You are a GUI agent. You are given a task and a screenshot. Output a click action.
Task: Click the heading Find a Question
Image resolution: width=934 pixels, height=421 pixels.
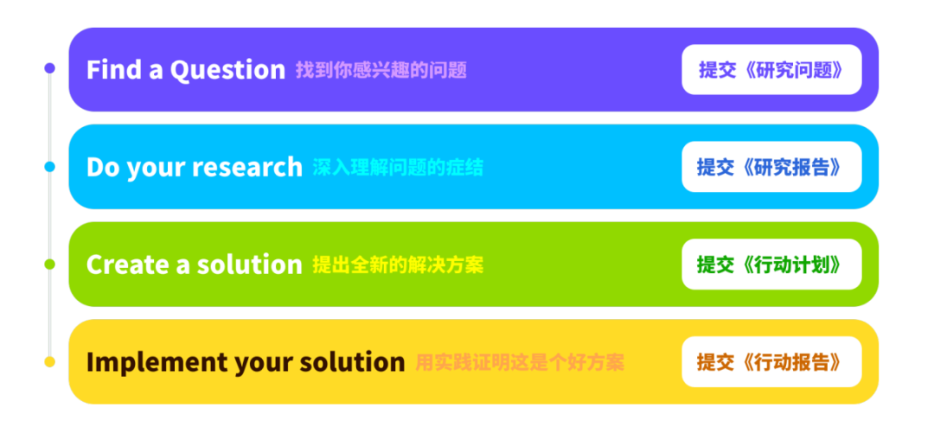pyautogui.click(x=185, y=70)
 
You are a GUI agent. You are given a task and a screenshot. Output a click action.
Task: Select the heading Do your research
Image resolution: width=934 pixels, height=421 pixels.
pyautogui.click(x=194, y=167)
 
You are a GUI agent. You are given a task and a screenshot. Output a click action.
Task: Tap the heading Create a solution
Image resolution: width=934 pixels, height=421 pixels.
pyautogui.click(x=194, y=265)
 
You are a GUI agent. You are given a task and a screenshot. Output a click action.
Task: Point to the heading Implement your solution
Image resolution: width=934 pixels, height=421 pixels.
pyautogui.click(x=245, y=361)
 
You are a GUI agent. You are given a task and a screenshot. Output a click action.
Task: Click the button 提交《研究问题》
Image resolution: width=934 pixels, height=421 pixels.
pyautogui.click(x=771, y=70)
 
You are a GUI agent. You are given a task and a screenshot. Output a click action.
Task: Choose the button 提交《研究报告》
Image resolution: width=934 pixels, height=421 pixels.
pyautogui.click(x=771, y=167)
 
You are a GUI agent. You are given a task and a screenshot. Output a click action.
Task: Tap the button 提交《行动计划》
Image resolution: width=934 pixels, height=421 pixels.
pyautogui.click(x=771, y=265)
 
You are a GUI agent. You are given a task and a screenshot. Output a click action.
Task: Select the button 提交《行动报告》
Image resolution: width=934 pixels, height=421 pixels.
pyautogui.click(x=771, y=361)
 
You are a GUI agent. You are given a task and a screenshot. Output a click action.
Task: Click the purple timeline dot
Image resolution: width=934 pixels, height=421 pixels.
pyautogui.click(x=49, y=68)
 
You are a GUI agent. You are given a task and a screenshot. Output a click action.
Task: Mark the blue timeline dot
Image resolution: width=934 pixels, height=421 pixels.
pyautogui.click(x=49, y=166)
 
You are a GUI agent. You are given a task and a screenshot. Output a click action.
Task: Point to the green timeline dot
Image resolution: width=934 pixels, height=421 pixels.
pyautogui.click(x=49, y=264)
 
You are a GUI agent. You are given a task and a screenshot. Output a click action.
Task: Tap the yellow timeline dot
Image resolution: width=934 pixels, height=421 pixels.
pyautogui.click(x=49, y=361)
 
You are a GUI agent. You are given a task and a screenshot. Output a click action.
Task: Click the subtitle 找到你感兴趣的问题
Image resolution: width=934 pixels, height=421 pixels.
pyautogui.click(x=381, y=70)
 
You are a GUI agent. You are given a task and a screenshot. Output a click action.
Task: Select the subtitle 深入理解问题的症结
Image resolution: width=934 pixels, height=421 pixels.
pyautogui.click(x=398, y=167)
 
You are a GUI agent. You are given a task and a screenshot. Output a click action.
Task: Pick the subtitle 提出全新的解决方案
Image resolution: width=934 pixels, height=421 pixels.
pyautogui.click(x=398, y=265)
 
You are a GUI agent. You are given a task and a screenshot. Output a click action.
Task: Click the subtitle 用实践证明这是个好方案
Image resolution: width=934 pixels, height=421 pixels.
pyautogui.click(x=520, y=361)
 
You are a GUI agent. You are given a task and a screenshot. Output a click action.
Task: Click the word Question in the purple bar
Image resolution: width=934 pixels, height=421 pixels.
pyautogui.click(x=227, y=70)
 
